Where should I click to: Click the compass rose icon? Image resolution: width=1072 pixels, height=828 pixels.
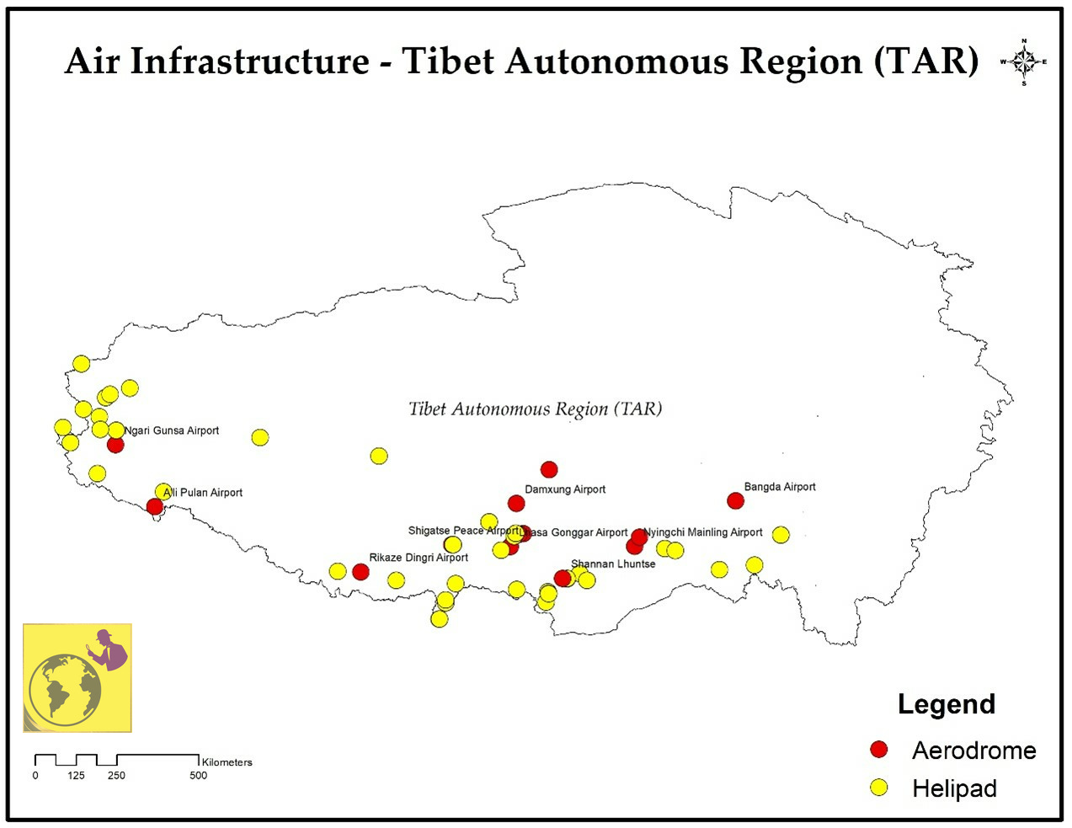1024,61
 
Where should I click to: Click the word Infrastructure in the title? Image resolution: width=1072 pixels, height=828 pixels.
250,61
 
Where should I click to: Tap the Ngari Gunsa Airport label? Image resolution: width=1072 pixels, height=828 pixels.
172,430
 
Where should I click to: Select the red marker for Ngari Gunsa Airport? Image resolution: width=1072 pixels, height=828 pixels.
115,444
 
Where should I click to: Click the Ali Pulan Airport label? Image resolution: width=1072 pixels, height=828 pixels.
203,493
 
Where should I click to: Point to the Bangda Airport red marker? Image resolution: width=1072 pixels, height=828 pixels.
735,501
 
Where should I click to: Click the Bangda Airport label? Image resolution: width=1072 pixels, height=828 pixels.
780,487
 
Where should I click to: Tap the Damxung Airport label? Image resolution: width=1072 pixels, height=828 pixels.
565,489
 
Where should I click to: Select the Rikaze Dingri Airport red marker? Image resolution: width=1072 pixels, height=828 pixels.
360,572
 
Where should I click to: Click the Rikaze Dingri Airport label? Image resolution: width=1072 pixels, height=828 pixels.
419,558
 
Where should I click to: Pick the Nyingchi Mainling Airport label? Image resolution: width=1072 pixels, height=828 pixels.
703,532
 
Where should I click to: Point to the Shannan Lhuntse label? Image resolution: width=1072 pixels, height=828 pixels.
613,564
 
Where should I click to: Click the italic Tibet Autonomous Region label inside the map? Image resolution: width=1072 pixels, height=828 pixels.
536,409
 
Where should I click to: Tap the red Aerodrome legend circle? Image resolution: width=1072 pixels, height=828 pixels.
879,750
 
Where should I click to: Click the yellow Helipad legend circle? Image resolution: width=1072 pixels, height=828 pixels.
879,788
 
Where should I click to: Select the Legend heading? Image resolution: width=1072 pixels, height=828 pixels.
947,704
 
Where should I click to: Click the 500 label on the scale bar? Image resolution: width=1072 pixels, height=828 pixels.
198,776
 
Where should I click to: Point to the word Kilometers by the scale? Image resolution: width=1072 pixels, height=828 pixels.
227,762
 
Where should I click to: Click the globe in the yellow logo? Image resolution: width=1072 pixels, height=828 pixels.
65,689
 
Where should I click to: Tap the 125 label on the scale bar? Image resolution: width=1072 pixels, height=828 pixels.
76,776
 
